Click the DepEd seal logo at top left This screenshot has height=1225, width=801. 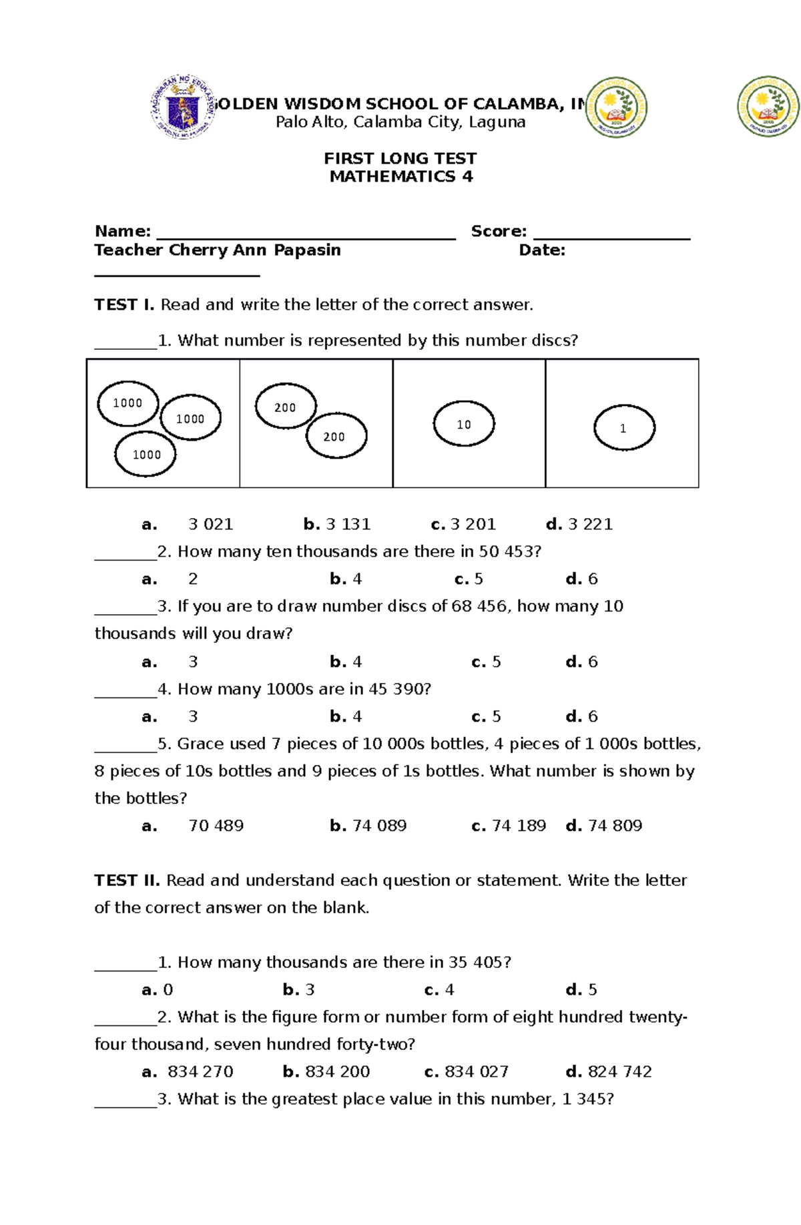182,107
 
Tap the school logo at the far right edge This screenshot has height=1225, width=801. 768,107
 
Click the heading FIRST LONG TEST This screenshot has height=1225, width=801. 400,158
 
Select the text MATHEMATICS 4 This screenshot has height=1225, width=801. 401,176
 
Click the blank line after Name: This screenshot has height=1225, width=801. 306,234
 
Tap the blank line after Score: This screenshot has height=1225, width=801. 611,234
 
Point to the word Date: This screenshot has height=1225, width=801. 542,250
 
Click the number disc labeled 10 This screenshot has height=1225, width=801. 464,424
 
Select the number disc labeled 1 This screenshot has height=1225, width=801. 624,428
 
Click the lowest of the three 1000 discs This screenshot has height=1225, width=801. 146,455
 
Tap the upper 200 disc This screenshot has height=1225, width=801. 286,407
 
